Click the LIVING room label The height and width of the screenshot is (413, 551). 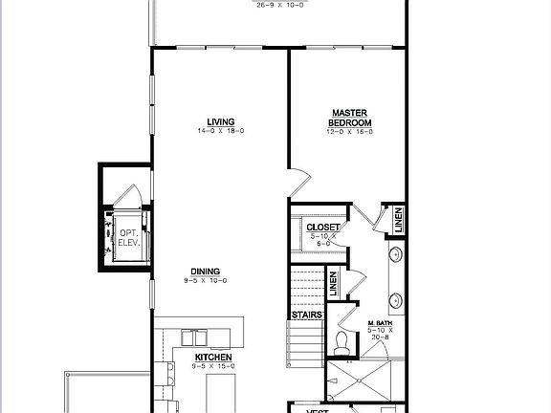point(221,121)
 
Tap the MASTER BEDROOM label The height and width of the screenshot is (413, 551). point(350,118)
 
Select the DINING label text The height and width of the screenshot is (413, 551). point(206,271)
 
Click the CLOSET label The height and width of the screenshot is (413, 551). point(322,228)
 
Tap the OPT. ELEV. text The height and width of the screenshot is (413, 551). point(128,238)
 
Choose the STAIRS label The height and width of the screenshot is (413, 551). point(305,314)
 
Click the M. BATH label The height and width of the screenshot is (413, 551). point(383,324)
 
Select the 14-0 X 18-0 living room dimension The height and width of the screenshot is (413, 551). point(221,131)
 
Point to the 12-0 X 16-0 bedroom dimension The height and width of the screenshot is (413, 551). point(350,132)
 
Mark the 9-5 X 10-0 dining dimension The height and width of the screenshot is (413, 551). point(206,280)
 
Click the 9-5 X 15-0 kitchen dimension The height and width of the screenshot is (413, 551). point(213,365)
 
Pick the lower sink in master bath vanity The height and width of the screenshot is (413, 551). point(394,296)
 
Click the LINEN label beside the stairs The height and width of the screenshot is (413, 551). point(333,282)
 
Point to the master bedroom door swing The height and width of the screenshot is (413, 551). point(298,180)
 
